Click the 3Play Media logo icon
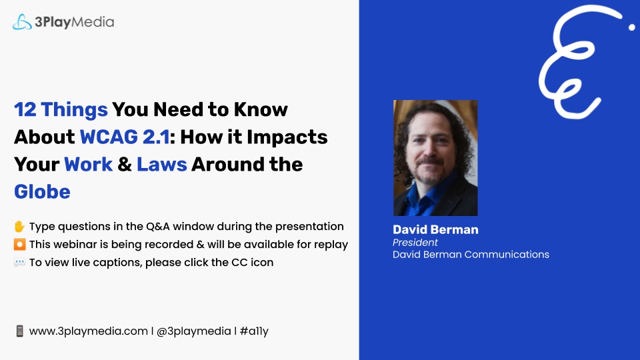(22, 21)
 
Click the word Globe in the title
(42, 191)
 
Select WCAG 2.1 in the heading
(125, 137)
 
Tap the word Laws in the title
(161, 164)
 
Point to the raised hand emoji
(19, 226)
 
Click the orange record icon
(19, 244)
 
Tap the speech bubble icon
(19, 262)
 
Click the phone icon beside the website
(19, 331)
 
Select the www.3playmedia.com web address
(89, 331)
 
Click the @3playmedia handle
(194, 331)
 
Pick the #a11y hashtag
(254, 331)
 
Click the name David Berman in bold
(435, 229)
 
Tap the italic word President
(415, 243)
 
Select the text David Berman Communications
(471, 254)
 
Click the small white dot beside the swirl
(632, 27)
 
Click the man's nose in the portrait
(429, 151)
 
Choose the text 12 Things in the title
(61, 109)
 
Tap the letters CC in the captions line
(239, 262)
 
